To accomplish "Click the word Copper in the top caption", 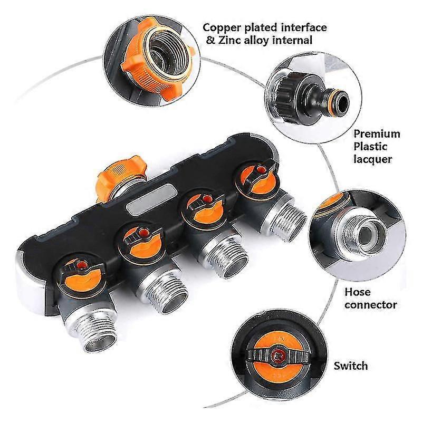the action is click(222, 28).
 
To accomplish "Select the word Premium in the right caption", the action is click(377, 134).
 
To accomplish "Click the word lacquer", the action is click(373, 159).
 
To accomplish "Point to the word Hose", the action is click(358, 292).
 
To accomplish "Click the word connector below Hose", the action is click(371, 305).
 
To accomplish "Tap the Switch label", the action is click(351, 366).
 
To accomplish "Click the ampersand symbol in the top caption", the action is click(211, 41).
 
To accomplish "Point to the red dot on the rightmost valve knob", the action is click(260, 169).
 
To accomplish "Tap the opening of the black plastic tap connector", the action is click(342, 102).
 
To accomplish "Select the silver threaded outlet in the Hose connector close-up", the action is click(361, 232).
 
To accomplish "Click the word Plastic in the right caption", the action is click(370, 147).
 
